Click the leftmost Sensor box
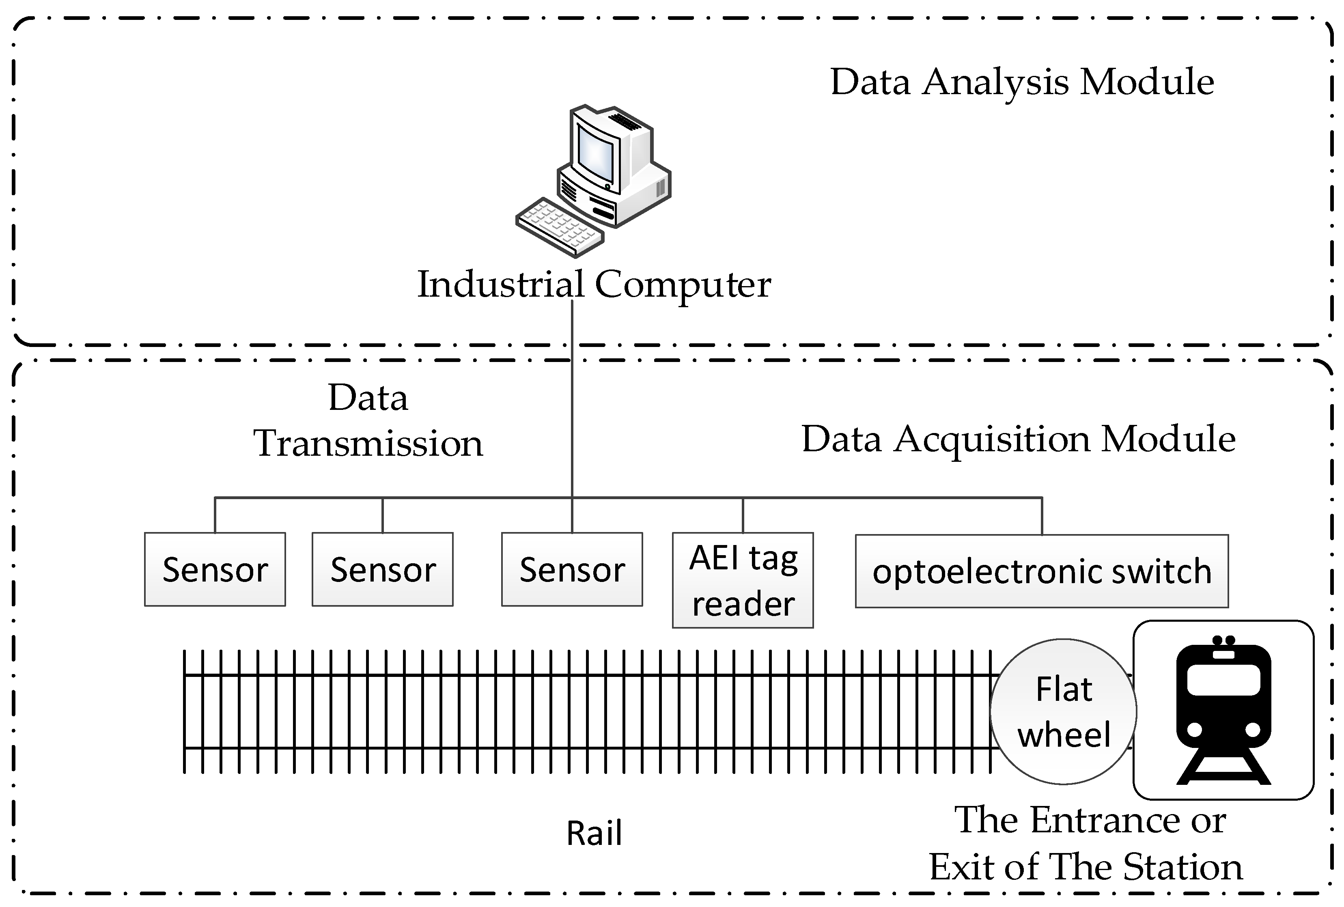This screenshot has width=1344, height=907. pos(215,569)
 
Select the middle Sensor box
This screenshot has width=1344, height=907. pos(382,569)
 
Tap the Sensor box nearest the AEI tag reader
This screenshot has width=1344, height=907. pos(571,569)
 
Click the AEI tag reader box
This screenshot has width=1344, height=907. pos(743,580)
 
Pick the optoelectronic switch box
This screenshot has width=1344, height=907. pos(1042,571)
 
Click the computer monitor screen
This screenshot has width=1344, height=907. pos(596,154)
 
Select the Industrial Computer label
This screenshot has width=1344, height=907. pos(594,284)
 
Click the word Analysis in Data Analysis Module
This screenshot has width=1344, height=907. pos(995,82)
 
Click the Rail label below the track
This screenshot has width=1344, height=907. pos(594,834)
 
